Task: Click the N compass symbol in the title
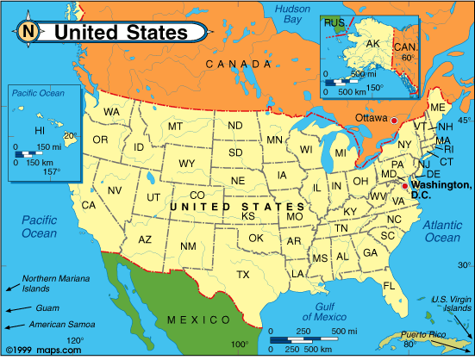[x=28, y=33]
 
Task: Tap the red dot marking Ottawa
[x=394, y=121]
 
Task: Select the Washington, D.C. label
[x=441, y=190]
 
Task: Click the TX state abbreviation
[x=243, y=275]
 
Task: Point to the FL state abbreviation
[x=389, y=285]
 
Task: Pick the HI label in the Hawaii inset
[x=39, y=130]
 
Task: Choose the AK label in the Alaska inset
[x=373, y=43]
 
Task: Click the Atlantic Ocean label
[x=442, y=231]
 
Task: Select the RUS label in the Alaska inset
[x=333, y=22]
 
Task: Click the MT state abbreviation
[x=175, y=127]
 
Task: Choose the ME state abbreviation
[x=437, y=108]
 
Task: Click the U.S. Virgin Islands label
[x=451, y=303]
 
